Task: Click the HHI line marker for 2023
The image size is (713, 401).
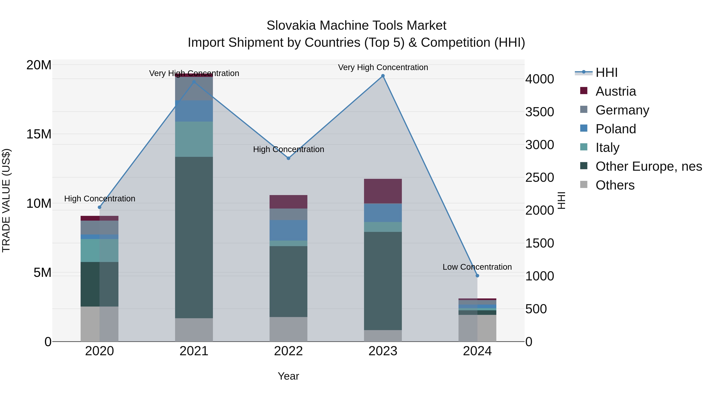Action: coord(383,76)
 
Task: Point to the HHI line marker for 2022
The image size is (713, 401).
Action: coord(288,158)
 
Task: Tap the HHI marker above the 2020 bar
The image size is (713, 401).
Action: coord(100,207)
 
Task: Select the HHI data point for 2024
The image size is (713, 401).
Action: coord(477,276)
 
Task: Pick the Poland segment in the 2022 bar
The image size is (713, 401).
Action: coord(288,230)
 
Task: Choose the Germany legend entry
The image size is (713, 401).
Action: coord(622,110)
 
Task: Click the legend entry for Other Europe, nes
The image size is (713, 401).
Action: coord(648,167)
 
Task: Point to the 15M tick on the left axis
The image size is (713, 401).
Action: coord(39,134)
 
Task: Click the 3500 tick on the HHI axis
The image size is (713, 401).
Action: coord(540,112)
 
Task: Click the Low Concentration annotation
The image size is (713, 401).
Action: coord(477,267)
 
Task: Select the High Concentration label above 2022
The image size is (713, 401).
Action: coord(288,150)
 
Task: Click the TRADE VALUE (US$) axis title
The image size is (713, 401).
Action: coord(6,200)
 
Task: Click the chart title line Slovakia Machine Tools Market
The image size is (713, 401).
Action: coord(356,26)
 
